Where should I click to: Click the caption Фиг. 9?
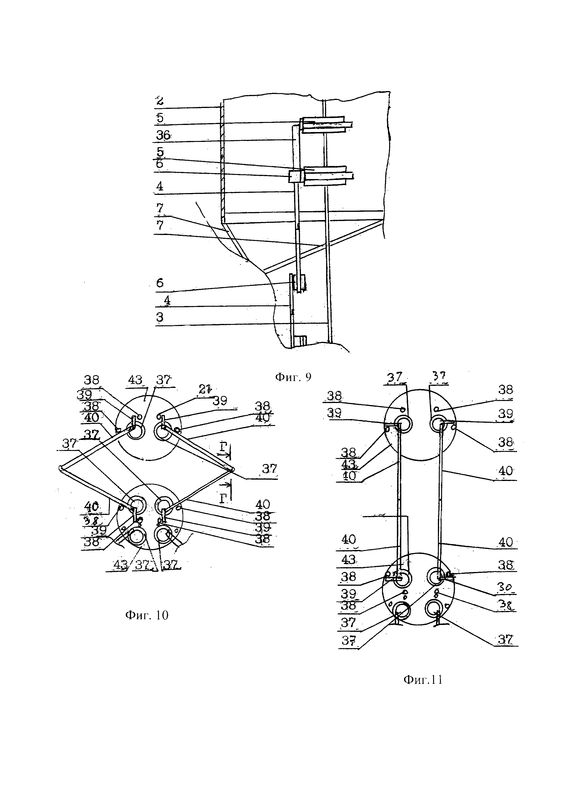click(x=293, y=377)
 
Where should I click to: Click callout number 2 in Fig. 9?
click(x=159, y=101)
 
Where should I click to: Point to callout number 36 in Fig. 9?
click(x=163, y=135)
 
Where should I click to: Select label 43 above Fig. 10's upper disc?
click(x=135, y=380)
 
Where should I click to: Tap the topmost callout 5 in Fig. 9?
click(x=160, y=118)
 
